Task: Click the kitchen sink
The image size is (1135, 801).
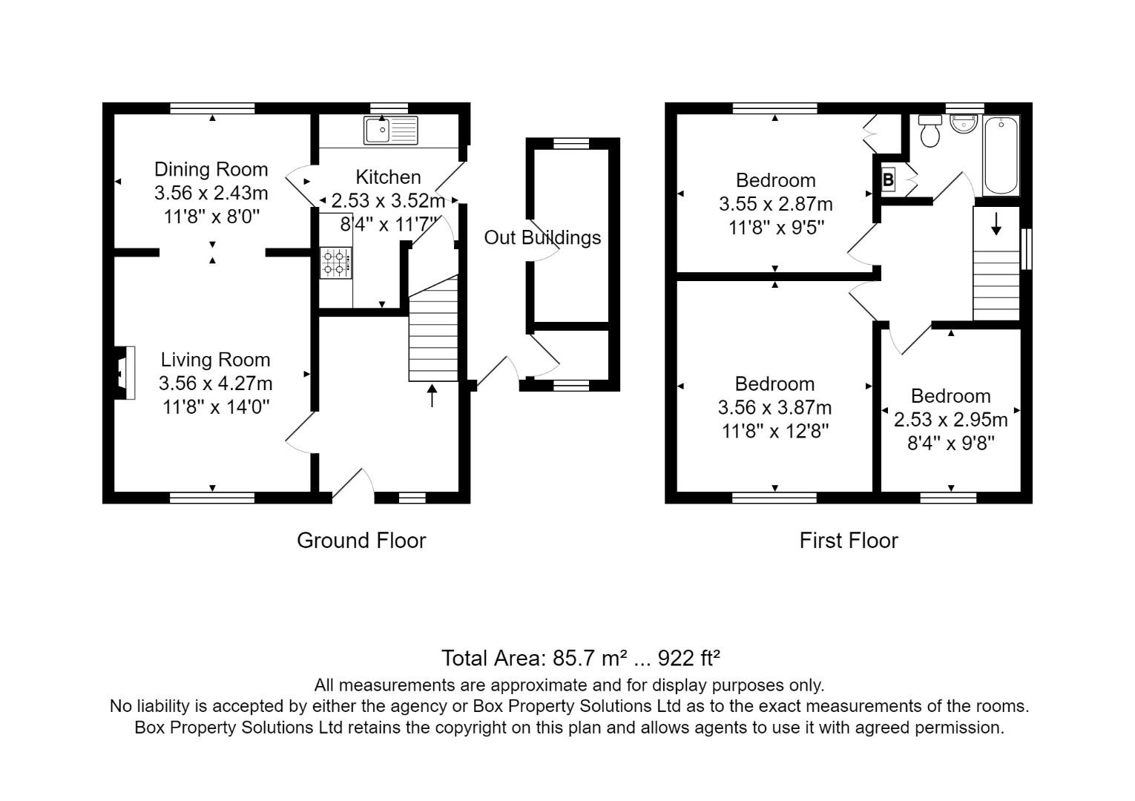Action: pyautogui.click(x=390, y=131)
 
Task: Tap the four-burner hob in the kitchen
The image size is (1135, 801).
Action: pyautogui.click(x=335, y=263)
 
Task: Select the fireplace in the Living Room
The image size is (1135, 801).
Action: pyautogui.click(x=122, y=373)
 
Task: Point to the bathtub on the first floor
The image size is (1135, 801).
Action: pyautogui.click(x=1001, y=156)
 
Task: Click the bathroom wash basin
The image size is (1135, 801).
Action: pyautogui.click(x=964, y=124)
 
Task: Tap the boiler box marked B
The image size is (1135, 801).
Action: pyautogui.click(x=888, y=179)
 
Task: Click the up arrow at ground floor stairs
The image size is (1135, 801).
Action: pyautogui.click(x=432, y=395)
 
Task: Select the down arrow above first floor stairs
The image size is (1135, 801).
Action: pyautogui.click(x=996, y=223)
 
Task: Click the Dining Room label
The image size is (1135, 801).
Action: pyautogui.click(x=211, y=170)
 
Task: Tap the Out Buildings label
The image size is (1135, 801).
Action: pyautogui.click(x=542, y=238)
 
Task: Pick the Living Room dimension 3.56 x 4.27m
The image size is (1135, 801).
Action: pyautogui.click(x=215, y=383)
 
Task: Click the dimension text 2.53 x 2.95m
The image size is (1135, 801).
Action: pyautogui.click(x=950, y=420)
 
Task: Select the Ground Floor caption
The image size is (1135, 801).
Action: pyautogui.click(x=361, y=541)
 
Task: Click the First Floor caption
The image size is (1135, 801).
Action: pyautogui.click(x=848, y=541)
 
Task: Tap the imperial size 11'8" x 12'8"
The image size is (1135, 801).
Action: pyautogui.click(x=774, y=431)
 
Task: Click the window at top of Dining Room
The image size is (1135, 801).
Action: pyautogui.click(x=212, y=108)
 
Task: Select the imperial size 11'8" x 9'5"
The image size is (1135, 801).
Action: pyautogui.click(x=776, y=227)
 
